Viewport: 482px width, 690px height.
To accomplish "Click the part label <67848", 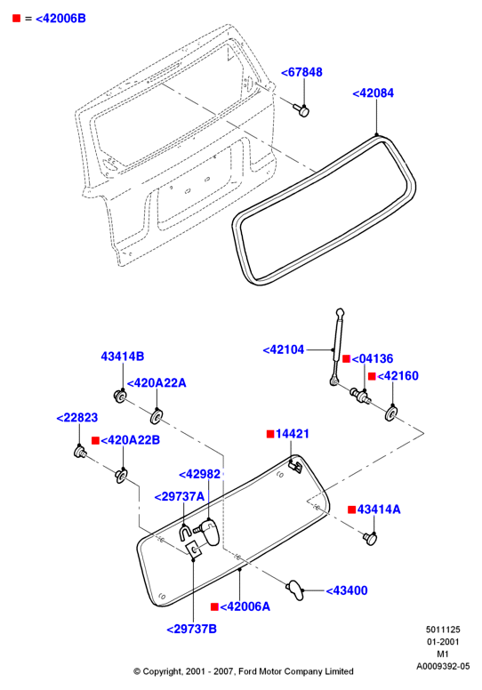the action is coord(301,72).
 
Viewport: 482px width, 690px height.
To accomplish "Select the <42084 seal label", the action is coord(374,93).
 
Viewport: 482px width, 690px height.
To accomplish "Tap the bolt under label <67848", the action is coord(301,110).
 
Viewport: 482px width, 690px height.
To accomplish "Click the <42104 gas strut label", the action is coord(284,349).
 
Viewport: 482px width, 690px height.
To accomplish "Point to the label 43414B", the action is coord(123,357).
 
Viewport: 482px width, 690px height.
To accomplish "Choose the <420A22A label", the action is coord(157,383).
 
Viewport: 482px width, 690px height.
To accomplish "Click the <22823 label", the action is coord(77,418).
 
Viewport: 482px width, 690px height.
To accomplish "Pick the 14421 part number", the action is coord(293,434).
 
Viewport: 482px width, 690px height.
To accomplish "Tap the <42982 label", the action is coord(199,474).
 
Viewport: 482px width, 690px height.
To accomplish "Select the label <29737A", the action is coord(180,497).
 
